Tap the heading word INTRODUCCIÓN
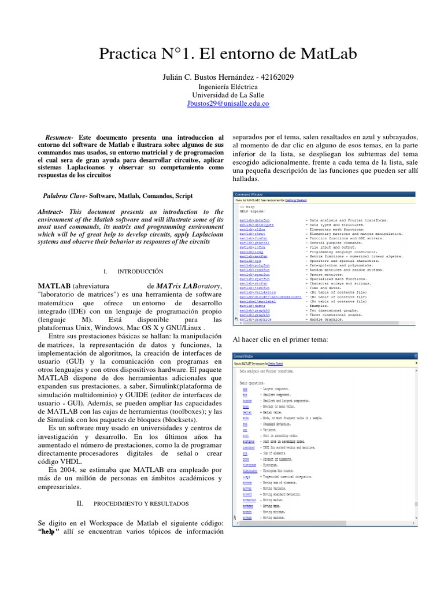(x=140, y=271)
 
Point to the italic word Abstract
(x=53, y=212)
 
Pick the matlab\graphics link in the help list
(x=255, y=319)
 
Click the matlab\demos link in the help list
(x=252, y=305)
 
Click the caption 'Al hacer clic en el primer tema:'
(x=280, y=339)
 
